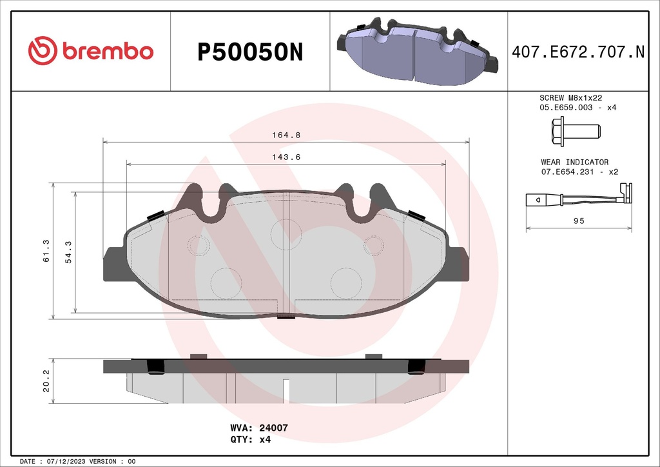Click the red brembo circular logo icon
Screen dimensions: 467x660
coord(43,51)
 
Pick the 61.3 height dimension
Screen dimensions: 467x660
coord(44,250)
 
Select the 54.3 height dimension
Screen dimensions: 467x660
coord(68,250)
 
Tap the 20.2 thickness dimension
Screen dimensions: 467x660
coord(46,386)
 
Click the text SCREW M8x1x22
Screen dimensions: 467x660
coord(570,97)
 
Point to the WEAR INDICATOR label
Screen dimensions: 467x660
coord(574,163)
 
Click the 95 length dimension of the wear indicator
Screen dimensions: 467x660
coord(579,221)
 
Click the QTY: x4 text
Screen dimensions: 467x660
coord(250,440)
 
